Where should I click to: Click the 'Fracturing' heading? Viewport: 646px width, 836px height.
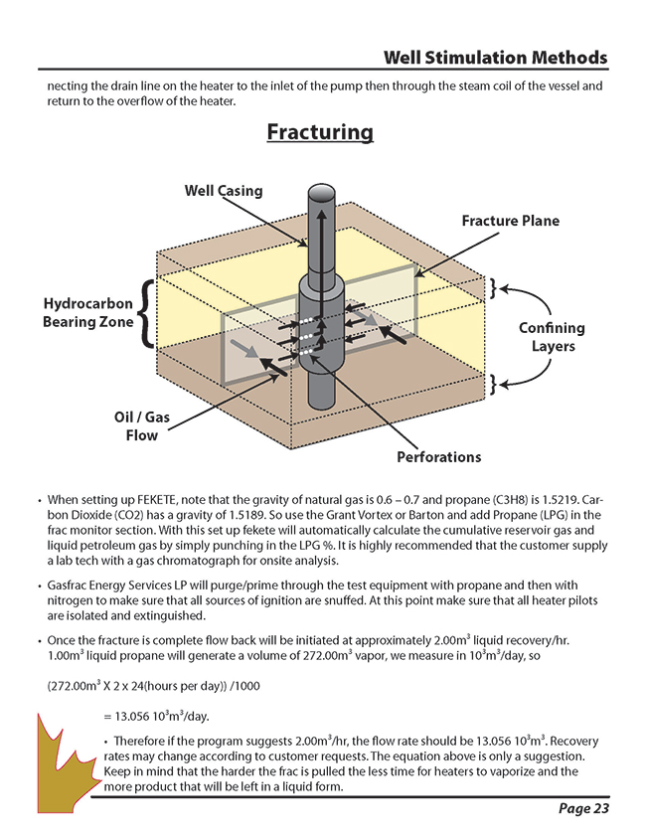320,132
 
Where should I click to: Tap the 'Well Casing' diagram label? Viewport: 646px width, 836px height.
224,190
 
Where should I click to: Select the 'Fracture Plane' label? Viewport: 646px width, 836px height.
510,221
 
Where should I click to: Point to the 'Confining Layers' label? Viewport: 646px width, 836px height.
552,337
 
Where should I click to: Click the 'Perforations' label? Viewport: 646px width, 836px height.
438,457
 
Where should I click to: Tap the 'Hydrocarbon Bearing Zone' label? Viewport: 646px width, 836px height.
87,312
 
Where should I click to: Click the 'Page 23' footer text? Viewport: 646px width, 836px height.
583,808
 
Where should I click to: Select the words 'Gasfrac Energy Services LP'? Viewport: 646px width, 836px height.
124,586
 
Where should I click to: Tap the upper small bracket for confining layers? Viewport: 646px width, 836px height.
492,289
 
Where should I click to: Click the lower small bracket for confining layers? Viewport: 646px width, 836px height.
492,382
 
